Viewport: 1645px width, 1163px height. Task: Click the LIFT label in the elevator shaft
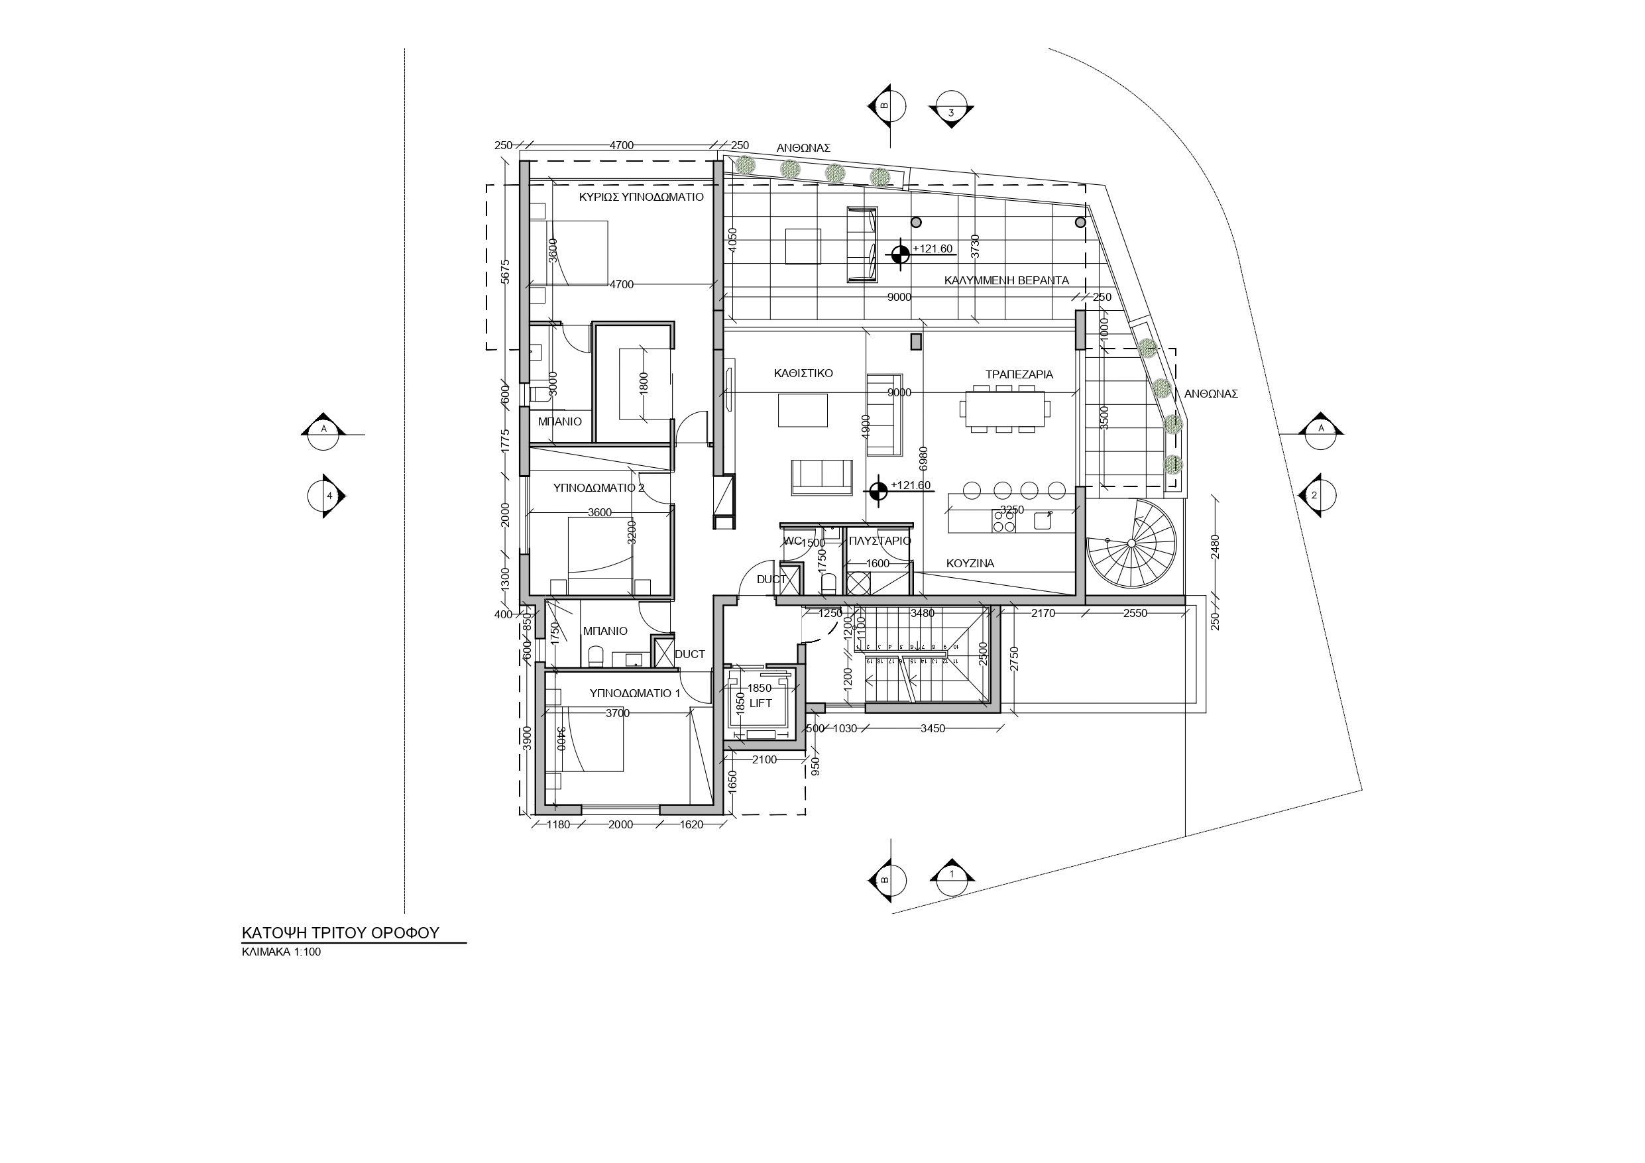(x=760, y=704)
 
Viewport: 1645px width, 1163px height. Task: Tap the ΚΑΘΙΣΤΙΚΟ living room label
(x=803, y=373)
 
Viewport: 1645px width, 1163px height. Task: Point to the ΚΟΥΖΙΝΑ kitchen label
(x=970, y=564)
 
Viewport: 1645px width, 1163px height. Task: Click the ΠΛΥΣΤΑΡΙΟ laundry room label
(x=879, y=541)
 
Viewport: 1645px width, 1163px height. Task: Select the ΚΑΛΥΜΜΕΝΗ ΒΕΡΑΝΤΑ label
(x=1006, y=281)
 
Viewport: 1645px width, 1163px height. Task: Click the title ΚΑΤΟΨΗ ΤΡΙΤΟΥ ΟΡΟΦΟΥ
(x=340, y=933)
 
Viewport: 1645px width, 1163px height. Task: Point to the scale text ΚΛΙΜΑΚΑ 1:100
(x=281, y=952)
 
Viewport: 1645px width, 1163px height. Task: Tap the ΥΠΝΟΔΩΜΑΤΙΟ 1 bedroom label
(x=635, y=694)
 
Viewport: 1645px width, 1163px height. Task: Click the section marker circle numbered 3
(x=951, y=113)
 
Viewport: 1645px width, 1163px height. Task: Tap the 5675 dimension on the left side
(x=505, y=272)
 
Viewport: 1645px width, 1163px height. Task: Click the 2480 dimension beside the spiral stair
(x=1214, y=547)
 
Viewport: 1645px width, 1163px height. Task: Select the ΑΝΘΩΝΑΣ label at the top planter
(x=803, y=148)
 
